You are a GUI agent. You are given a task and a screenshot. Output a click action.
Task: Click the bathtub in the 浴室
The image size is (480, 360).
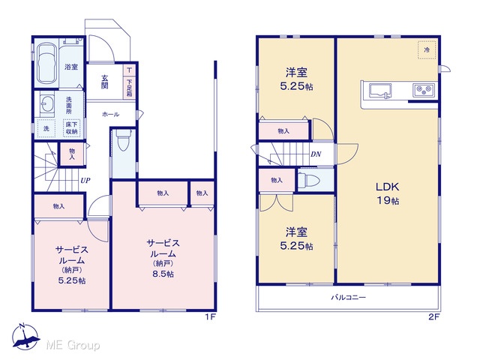46,63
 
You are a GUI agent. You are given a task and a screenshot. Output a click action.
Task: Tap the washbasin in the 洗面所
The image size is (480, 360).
46,105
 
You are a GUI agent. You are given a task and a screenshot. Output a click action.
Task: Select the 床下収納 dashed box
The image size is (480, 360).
72,127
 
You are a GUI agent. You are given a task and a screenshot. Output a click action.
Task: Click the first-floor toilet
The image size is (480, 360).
123,140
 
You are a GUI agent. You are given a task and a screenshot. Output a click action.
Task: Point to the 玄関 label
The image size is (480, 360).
105,82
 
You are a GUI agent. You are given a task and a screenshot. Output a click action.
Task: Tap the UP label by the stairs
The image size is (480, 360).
85,180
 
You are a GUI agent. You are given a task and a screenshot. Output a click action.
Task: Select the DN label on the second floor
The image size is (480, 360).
316,154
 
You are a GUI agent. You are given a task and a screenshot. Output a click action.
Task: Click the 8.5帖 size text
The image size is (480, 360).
163,274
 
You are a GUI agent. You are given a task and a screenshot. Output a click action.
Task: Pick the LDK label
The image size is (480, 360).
387,187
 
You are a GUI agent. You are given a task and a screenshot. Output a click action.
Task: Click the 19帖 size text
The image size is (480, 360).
388,201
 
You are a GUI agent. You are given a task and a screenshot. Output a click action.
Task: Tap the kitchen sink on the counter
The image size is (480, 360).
380,91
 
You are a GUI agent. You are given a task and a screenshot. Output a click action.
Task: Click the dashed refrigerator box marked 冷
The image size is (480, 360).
427,50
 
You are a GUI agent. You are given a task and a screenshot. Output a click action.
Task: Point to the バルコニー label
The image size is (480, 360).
349,297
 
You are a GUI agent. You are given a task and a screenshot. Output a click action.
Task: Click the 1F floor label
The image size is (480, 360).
211,316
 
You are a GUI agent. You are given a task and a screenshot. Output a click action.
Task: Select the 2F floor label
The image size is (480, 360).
434,316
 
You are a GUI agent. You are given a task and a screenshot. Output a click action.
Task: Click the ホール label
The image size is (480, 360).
111,115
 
